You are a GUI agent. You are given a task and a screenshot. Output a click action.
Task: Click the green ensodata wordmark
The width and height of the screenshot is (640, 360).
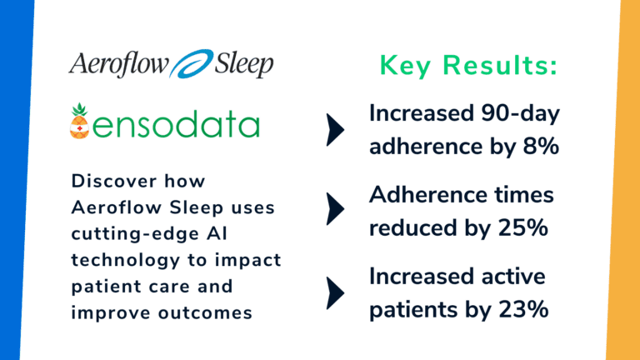175,125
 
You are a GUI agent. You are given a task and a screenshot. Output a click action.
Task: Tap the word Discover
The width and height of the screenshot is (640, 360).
108,181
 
